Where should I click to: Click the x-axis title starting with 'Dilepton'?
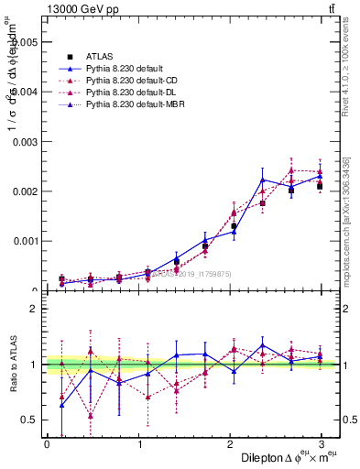click(x=285, y=457)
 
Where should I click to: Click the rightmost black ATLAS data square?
click(x=319, y=186)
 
